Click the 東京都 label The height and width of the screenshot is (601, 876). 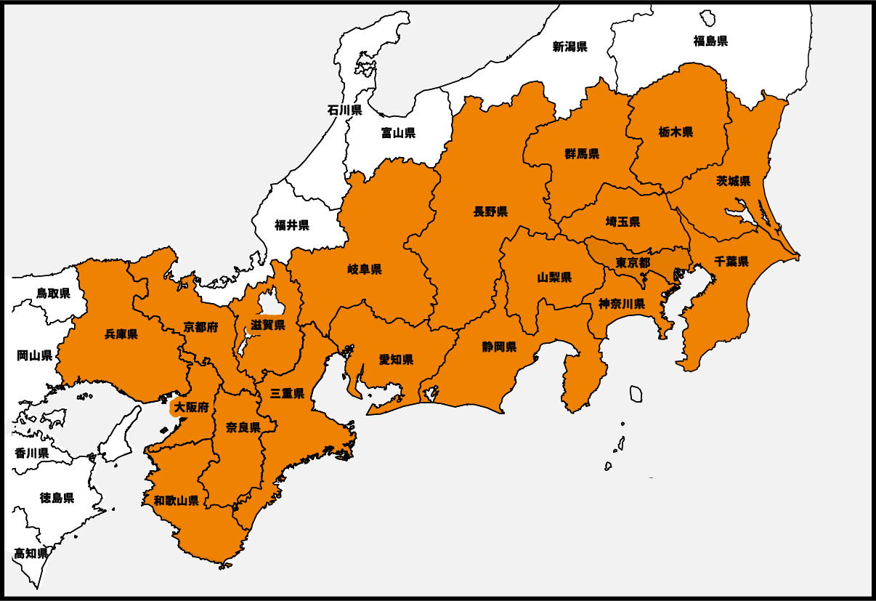[x=633, y=262]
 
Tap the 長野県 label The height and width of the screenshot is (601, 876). [x=490, y=211]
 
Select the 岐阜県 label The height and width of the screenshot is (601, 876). [x=365, y=270]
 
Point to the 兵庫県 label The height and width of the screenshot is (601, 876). [x=121, y=334]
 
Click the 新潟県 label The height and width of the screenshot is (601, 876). [x=569, y=47]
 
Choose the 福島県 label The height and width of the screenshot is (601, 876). [x=710, y=41]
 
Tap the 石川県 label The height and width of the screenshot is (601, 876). [x=344, y=110]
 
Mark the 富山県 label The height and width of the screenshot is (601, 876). [x=398, y=133]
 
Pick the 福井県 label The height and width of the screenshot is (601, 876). [x=292, y=225]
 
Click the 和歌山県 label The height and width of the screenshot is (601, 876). [x=177, y=500]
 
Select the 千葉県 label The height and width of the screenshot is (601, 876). [x=731, y=262]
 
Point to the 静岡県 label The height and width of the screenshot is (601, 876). [x=499, y=347]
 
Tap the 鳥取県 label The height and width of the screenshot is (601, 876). [x=53, y=294]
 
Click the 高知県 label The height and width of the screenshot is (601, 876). [x=31, y=553]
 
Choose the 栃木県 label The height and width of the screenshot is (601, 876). [x=676, y=132]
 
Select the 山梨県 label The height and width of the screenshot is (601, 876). [x=554, y=278]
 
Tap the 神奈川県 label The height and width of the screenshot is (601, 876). [x=622, y=304]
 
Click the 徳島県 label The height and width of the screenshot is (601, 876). [x=57, y=498]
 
